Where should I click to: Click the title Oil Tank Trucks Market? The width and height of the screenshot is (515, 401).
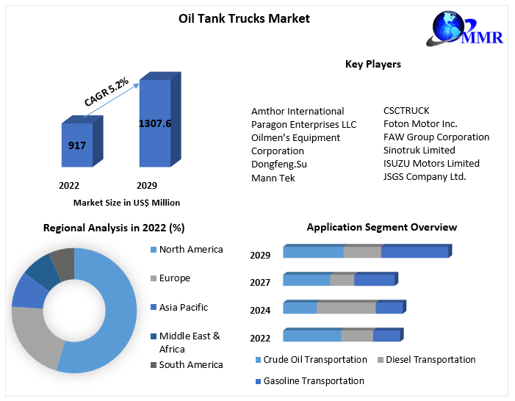click(244, 18)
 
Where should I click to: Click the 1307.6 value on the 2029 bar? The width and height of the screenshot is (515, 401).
click(155, 123)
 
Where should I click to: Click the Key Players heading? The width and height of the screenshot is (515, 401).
click(373, 65)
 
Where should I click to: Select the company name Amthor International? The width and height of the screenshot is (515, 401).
click(298, 112)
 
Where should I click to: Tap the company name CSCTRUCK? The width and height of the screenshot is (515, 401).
click(406, 111)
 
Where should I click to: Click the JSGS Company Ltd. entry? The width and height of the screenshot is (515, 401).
click(425, 177)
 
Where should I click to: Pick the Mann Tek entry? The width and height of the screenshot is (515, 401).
click(273, 178)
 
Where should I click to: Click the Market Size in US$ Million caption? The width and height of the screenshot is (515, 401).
click(126, 203)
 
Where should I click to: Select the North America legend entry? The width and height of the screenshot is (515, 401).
click(190, 250)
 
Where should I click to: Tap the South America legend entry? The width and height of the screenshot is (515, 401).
click(190, 365)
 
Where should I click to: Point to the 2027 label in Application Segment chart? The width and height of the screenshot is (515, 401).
click(260, 283)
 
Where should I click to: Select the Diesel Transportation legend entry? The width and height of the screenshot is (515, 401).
click(430, 360)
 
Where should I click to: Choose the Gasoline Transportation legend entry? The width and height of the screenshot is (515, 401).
click(314, 381)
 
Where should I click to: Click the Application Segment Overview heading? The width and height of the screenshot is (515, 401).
click(381, 228)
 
